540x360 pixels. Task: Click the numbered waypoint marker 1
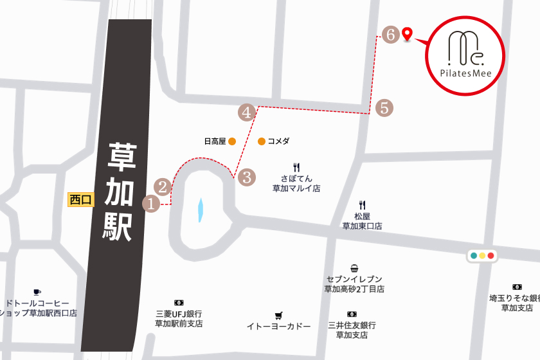click(151, 204)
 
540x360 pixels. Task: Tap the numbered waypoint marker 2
click(163, 187)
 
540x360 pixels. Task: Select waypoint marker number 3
click(247, 177)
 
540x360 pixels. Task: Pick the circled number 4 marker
click(247, 112)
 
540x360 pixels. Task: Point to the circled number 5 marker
click(384, 108)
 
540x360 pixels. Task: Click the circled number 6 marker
click(390, 35)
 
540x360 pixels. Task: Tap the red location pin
click(406, 33)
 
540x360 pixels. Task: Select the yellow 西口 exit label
click(82, 200)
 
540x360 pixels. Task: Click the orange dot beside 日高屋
click(232, 141)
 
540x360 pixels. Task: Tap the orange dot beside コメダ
click(262, 141)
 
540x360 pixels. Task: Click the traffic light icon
click(482, 256)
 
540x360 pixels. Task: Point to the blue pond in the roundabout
click(200, 210)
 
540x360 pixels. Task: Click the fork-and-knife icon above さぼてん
click(296, 167)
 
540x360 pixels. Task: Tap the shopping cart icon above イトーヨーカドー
click(278, 316)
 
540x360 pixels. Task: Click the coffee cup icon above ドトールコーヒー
click(37, 292)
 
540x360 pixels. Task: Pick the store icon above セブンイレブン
click(354, 268)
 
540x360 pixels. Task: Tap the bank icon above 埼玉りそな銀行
click(517, 287)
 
